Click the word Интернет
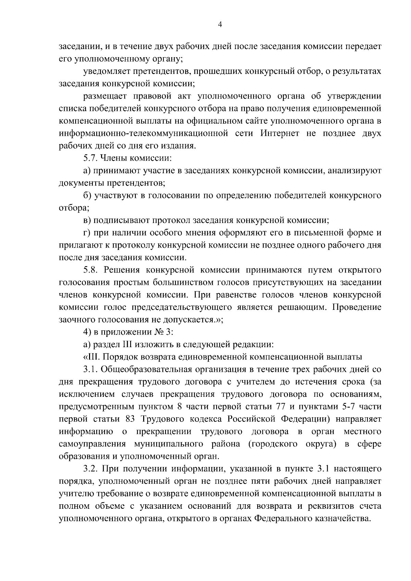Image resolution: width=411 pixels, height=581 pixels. tap(280, 133)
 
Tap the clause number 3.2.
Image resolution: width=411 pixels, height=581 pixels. tap(91, 468)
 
